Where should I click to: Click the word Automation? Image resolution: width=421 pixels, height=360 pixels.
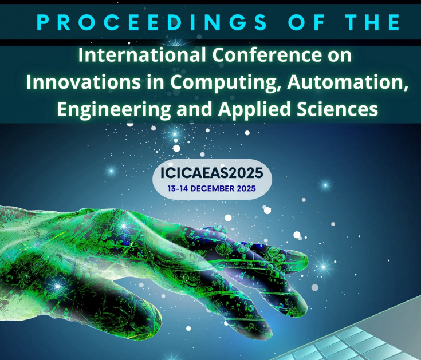tap(343, 82)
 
